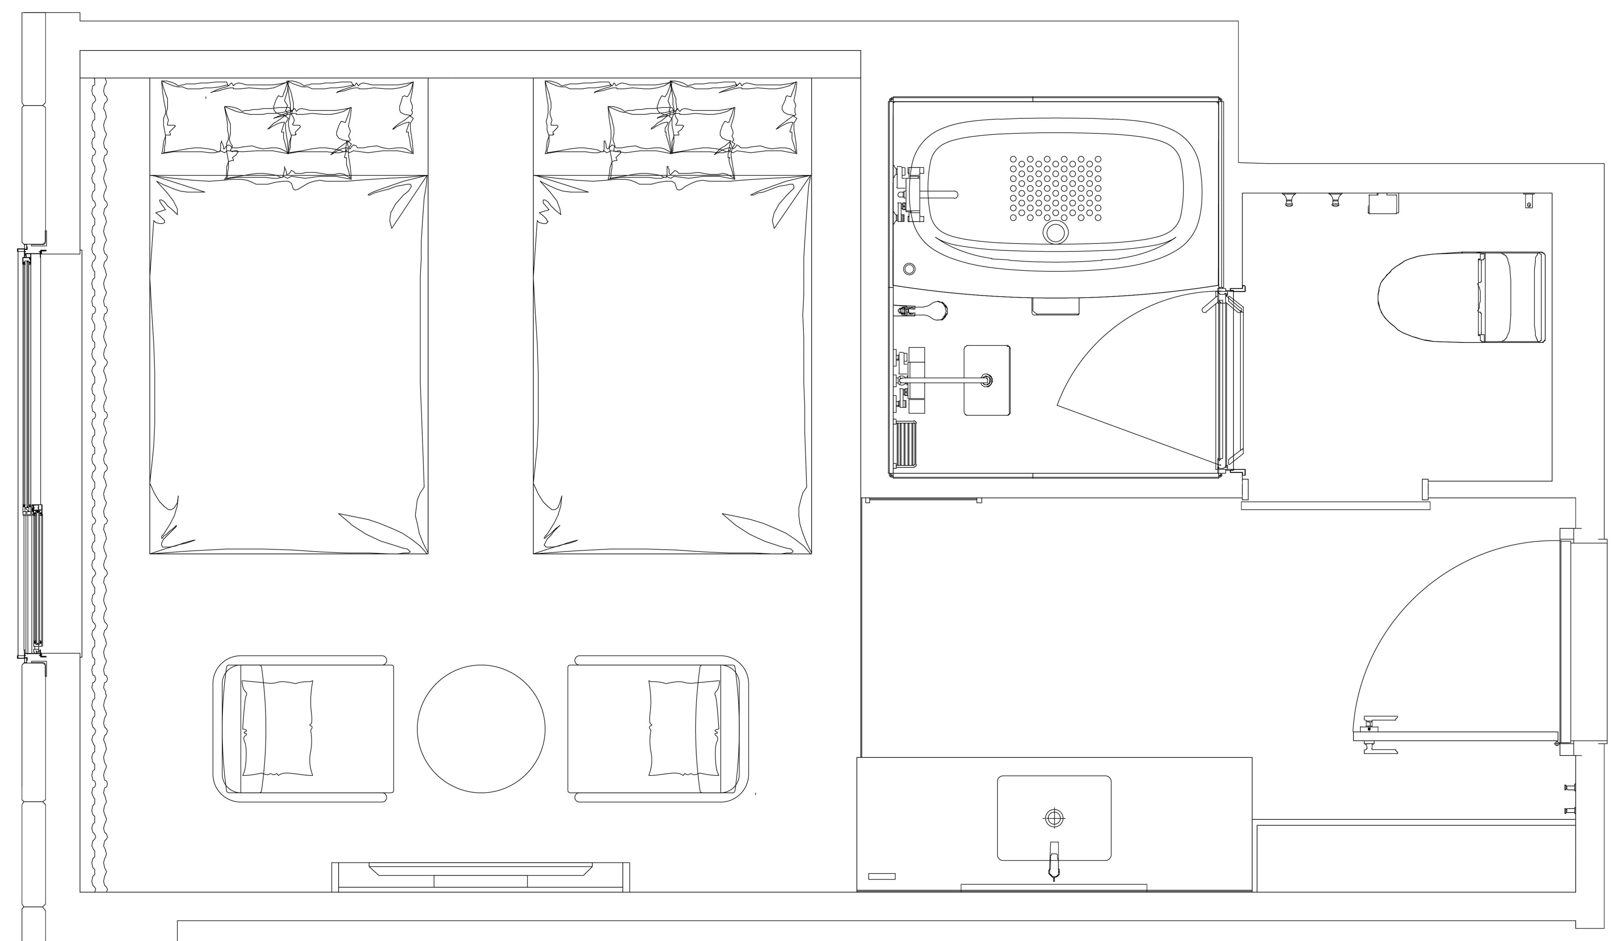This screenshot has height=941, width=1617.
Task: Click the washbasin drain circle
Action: [x=1054, y=818]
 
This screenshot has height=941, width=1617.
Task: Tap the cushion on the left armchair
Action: [x=277, y=729]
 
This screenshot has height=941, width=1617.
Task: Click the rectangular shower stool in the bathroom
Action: [x=987, y=380]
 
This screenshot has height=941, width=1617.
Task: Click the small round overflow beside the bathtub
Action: [x=909, y=269]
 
